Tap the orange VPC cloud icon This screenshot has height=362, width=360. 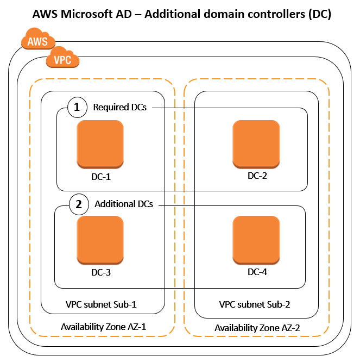coord(63,59)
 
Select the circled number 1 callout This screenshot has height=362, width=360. coord(77,108)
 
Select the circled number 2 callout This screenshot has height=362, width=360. coord(79,205)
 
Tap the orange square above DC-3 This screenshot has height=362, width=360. coord(100,240)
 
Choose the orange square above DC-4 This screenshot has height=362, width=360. coord(256,240)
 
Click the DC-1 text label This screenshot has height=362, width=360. coord(101,176)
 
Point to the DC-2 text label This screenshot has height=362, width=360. coord(257,176)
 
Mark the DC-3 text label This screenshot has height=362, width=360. coord(101,272)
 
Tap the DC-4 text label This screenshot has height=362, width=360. coord(257,272)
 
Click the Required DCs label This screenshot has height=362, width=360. coord(119,108)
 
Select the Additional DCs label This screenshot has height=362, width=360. coord(124,204)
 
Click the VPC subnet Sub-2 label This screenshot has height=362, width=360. coord(254,305)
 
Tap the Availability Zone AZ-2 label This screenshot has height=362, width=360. coord(257,328)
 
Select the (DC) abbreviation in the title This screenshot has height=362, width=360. coord(319,14)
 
